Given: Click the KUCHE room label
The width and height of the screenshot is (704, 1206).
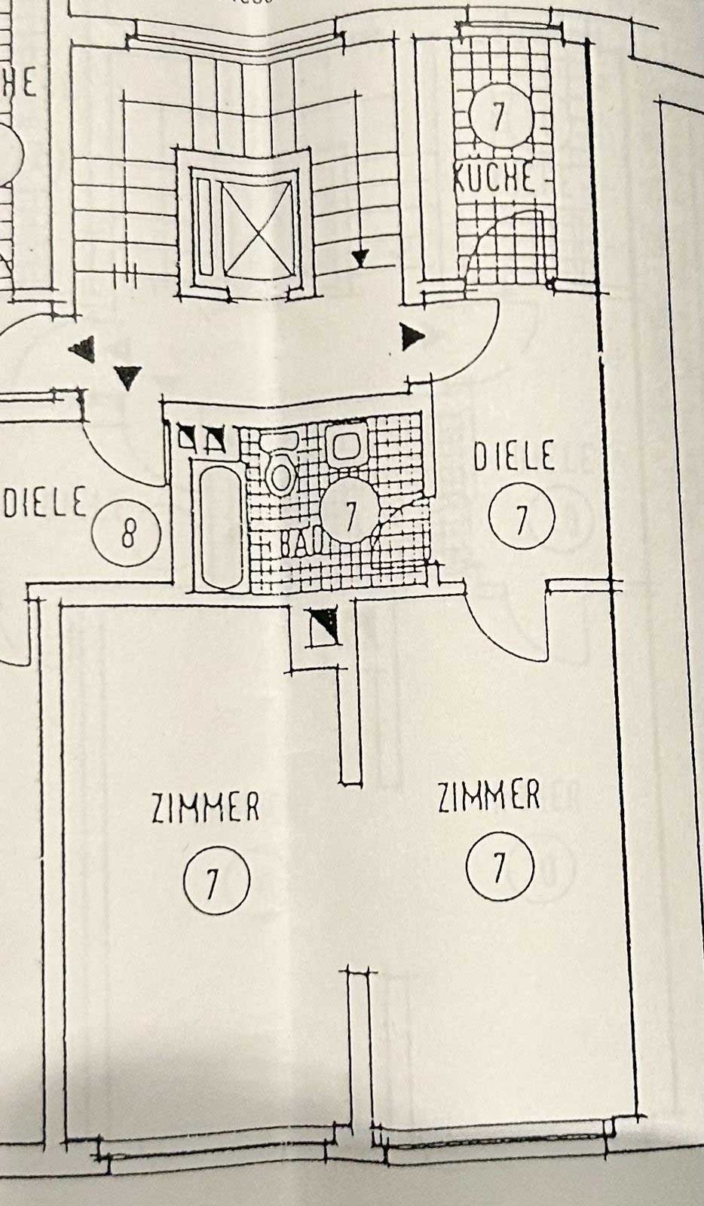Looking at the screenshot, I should [x=494, y=179].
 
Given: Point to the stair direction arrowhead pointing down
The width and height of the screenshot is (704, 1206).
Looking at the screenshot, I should [x=361, y=259].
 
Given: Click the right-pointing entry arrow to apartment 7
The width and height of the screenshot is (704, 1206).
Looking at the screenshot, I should [x=412, y=337].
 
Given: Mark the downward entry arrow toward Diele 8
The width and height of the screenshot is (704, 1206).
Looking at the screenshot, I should [x=129, y=377].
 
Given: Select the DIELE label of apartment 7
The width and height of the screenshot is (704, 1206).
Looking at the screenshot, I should [x=514, y=458].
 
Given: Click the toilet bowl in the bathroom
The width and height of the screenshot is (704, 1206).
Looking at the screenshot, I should [x=280, y=472].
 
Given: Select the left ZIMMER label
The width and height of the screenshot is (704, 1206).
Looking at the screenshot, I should [x=205, y=807].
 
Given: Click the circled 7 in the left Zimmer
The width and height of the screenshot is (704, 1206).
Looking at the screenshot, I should [x=216, y=880].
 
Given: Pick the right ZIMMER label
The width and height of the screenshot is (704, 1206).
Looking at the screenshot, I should [x=489, y=796].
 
